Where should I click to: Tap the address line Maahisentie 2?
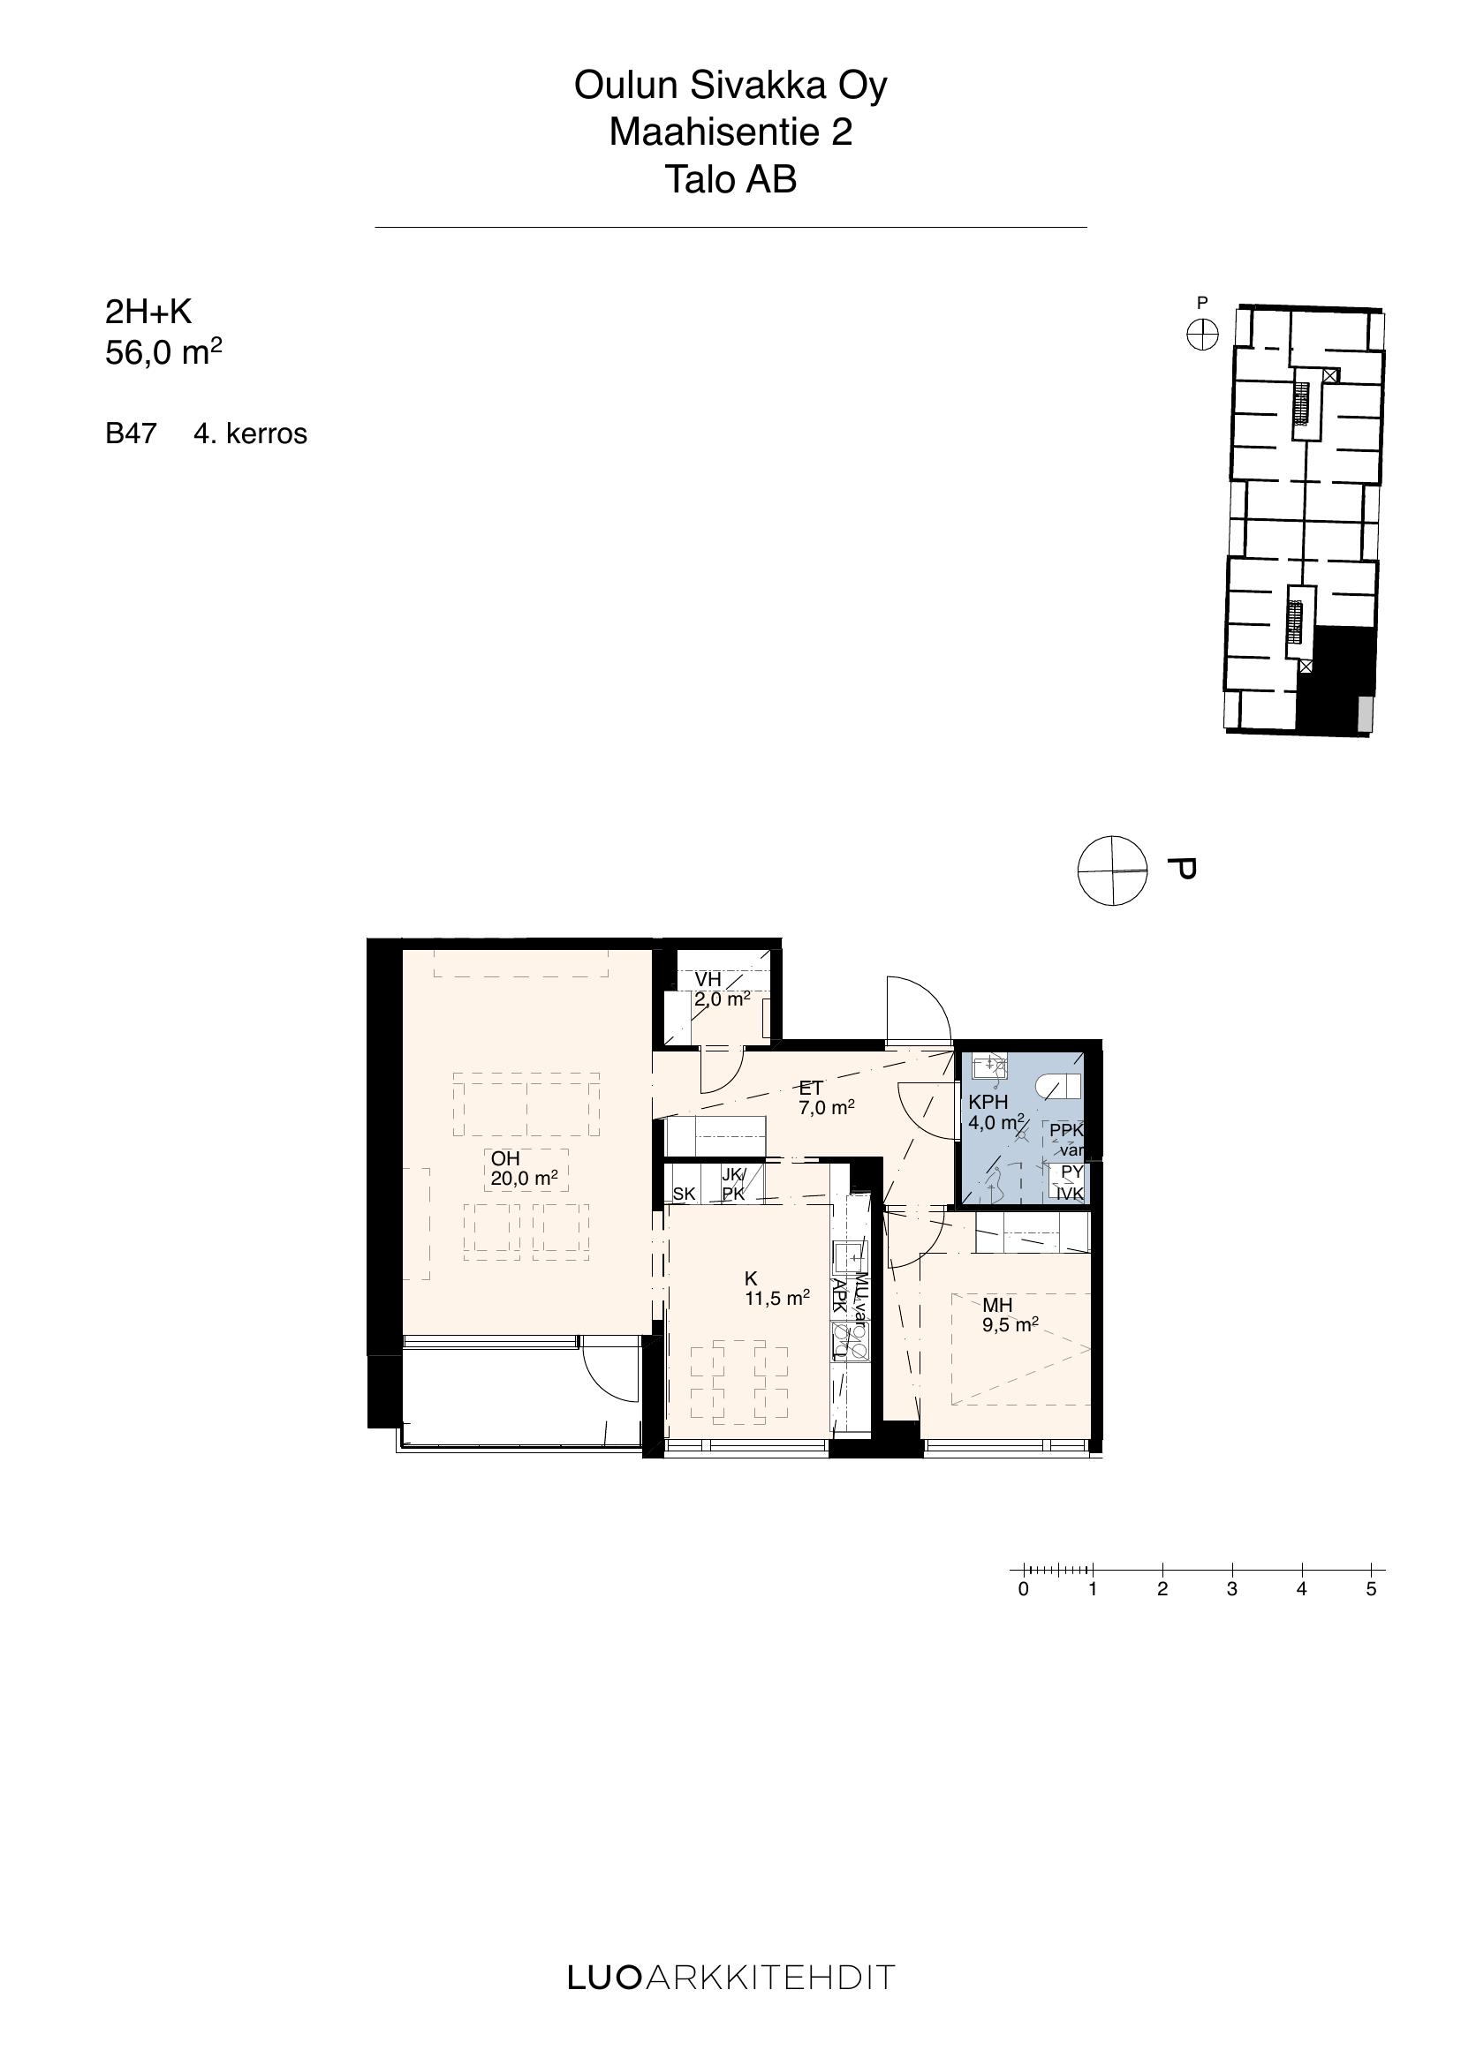(x=730, y=132)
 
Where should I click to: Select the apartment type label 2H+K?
(x=148, y=312)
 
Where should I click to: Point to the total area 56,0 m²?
(x=163, y=352)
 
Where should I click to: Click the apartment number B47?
(x=132, y=433)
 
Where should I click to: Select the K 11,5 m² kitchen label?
(x=777, y=1288)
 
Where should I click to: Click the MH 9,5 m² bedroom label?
(x=1011, y=1314)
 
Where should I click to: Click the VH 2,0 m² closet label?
(x=722, y=989)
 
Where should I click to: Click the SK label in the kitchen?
(x=684, y=1195)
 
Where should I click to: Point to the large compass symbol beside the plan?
(x=1113, y=870)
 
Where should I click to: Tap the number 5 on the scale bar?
(x=1371, y=1589)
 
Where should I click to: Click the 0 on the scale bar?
(x=1023, y=1589)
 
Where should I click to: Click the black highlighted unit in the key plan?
(x=1336, y=681)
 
